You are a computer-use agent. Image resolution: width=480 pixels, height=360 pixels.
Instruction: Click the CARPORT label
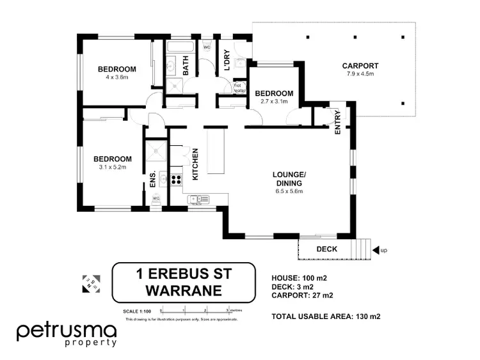click(x=360, y=65)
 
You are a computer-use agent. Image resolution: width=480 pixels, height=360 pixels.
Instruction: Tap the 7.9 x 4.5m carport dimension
click(x=360, y=75)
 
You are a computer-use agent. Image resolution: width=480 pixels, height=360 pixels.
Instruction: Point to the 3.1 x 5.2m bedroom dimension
click(x=113, y=168)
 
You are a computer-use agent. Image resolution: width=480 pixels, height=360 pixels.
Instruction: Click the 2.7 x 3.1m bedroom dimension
click(x=274, y=102)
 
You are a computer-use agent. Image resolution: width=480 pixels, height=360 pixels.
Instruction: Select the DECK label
click(x=326, y=249)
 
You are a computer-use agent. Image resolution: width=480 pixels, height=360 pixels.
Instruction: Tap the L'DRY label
click(x=226, y=59)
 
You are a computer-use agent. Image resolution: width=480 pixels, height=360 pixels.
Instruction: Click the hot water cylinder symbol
click(x=239, y=87)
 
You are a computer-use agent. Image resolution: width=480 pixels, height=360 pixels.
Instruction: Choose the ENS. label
click(x=152, y=179)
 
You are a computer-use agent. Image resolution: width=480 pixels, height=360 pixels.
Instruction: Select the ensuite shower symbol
click(x=156, y=152)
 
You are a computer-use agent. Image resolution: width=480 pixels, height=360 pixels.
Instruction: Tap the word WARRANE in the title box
click(x=184, y=291)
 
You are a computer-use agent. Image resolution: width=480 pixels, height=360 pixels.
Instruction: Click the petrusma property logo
click(x=67, y=334)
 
